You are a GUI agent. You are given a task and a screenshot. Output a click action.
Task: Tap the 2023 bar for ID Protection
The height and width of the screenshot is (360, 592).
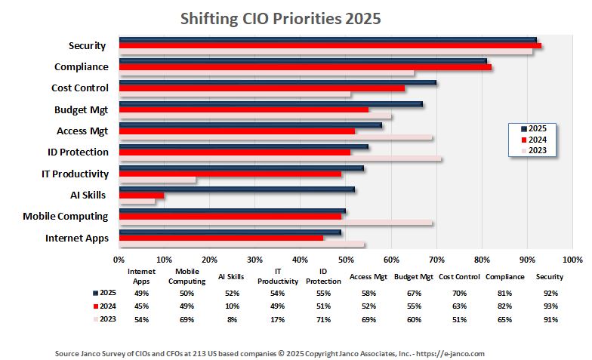coord(280,159)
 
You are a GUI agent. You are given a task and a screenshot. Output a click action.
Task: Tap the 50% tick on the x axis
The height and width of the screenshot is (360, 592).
coord(346,260)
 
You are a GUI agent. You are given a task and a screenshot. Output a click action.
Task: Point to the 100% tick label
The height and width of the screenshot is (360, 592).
coord(572,260)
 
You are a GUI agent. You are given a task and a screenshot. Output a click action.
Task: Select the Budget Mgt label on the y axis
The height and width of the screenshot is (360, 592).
coord(81,109)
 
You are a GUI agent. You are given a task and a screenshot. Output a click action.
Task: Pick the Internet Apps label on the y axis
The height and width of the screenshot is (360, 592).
coord(76,238)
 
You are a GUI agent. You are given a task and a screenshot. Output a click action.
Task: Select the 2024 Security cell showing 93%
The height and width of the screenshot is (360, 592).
coord(549,306)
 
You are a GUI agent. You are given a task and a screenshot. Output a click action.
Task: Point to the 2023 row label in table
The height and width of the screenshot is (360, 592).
coord(106,319)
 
